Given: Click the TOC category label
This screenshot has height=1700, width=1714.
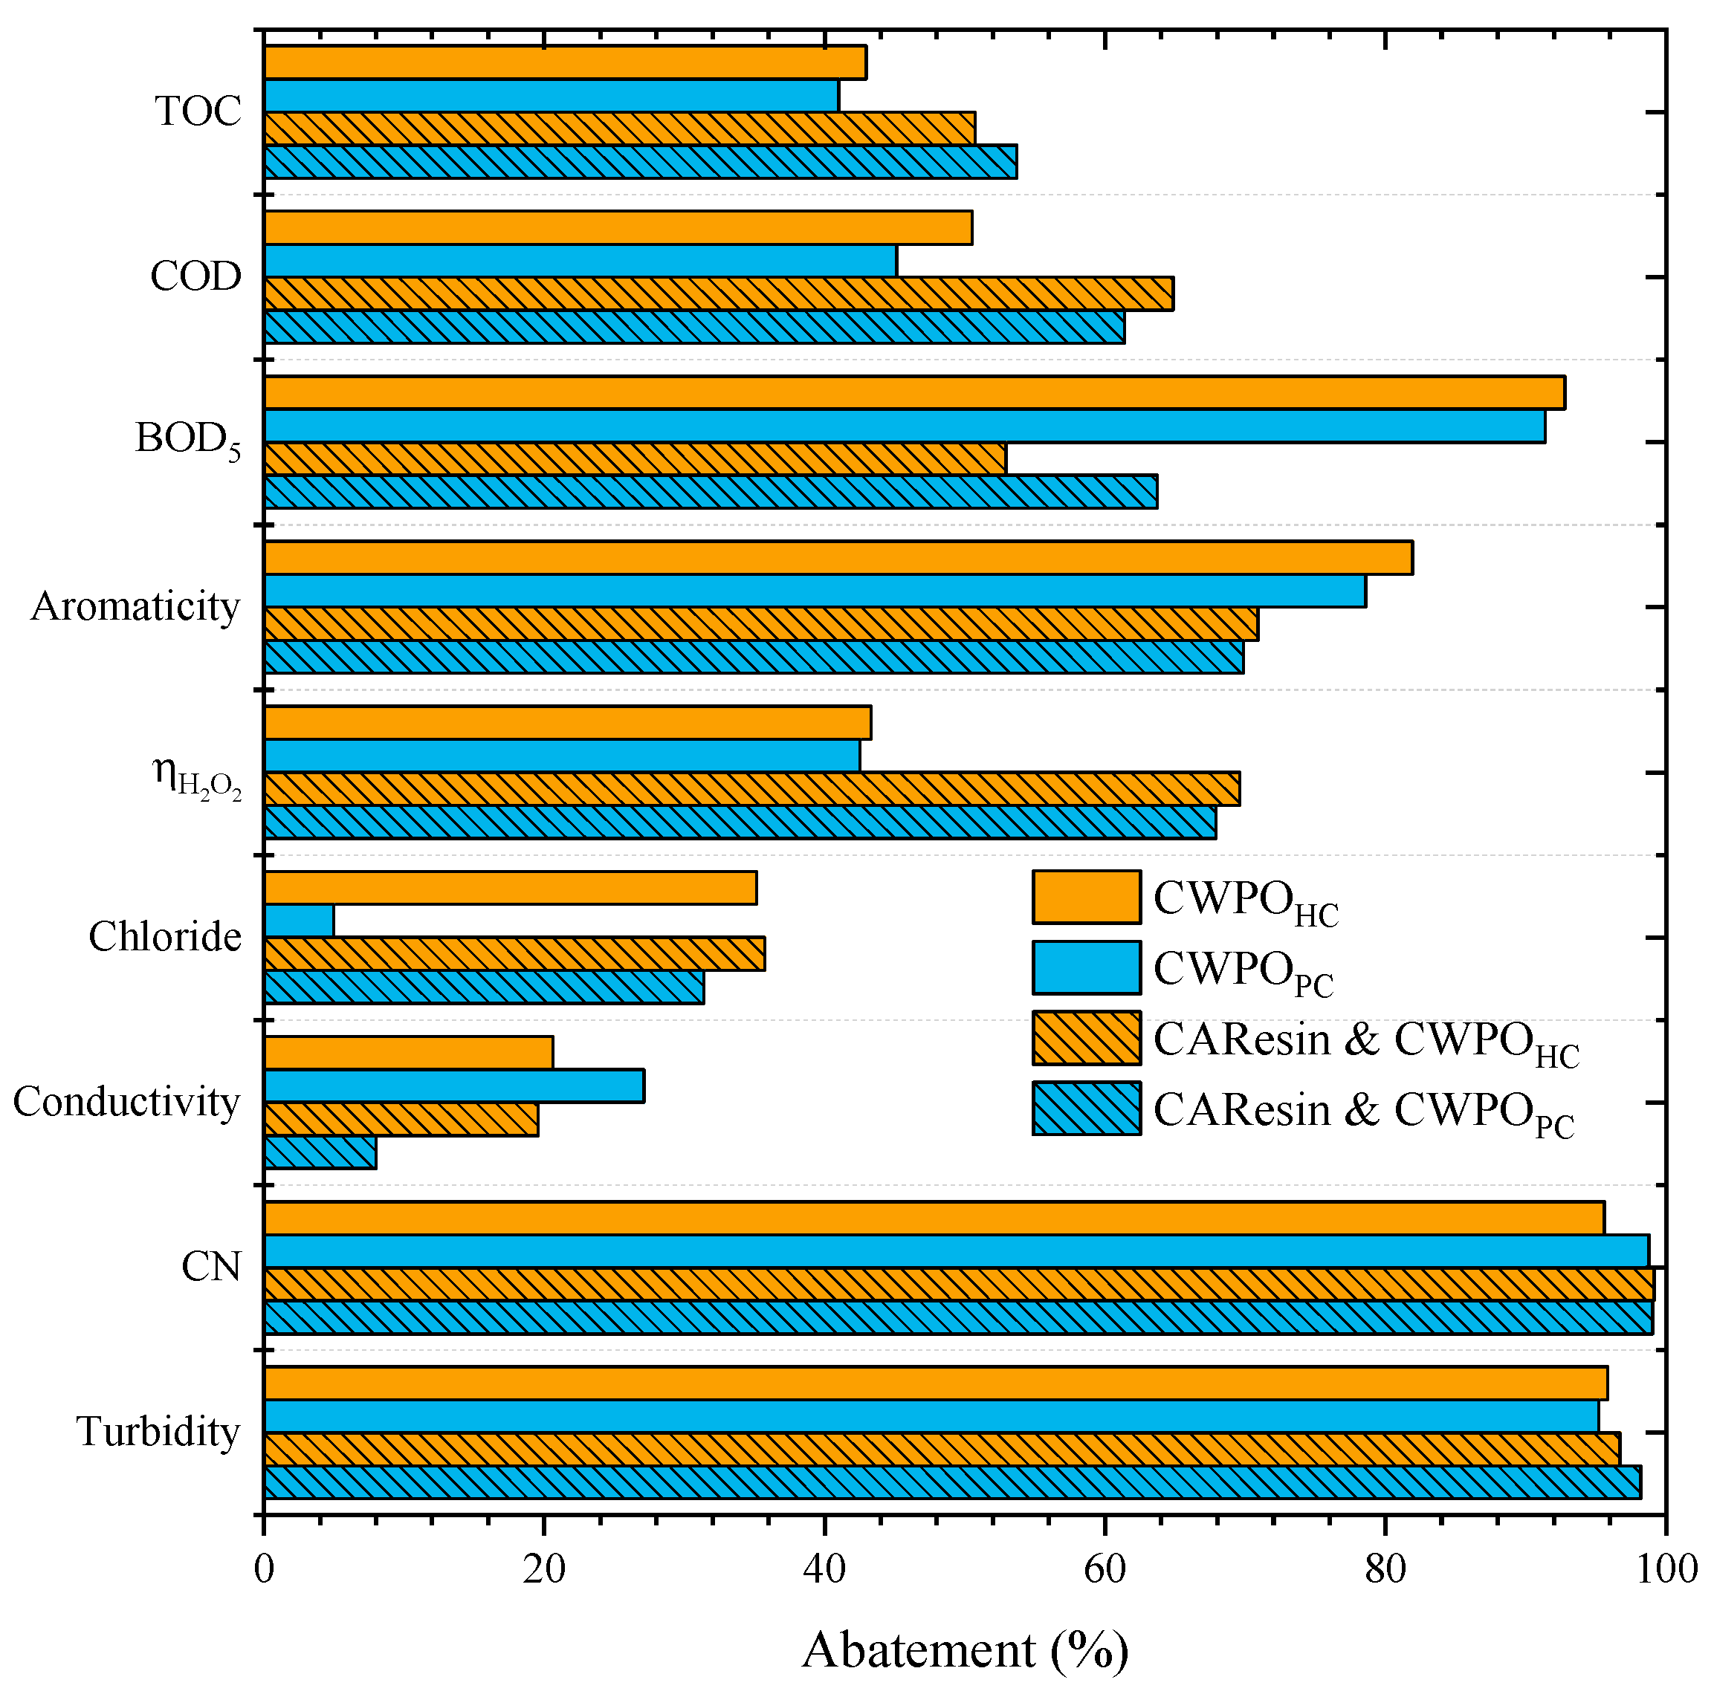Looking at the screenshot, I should (x=198, y=111).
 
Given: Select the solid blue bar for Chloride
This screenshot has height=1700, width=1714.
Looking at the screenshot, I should (x=299, y=921).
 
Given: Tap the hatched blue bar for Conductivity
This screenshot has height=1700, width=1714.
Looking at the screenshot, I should (x=320, y=1153).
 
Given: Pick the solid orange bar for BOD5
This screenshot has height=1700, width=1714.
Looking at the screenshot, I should (x=913, y=393).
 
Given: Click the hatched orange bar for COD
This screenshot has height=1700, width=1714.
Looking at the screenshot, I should (x=719, y=293).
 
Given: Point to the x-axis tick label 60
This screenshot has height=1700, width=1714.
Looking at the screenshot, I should (x=1105, y=1570).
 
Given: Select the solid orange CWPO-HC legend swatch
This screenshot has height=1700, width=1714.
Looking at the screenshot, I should (x=1086, y=898).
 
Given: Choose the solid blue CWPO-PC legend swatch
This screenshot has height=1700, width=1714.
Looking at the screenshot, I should (x=1086, y=967).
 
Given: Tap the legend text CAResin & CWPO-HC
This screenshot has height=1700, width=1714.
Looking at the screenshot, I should (x=1366, y=1042).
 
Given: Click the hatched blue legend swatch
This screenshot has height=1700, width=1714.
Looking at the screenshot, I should (x=1086, y=1109).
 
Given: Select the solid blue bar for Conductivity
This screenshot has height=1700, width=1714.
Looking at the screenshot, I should (x=454, y=1086).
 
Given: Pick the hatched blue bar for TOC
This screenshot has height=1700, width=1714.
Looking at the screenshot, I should (x=641, y=161).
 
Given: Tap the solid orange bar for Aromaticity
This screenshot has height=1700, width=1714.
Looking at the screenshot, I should (x=838, y=558).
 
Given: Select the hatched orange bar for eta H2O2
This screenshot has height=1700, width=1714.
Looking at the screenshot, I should (x=751, y=789).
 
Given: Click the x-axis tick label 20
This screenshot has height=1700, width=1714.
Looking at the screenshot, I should (x=544, y=1570).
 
